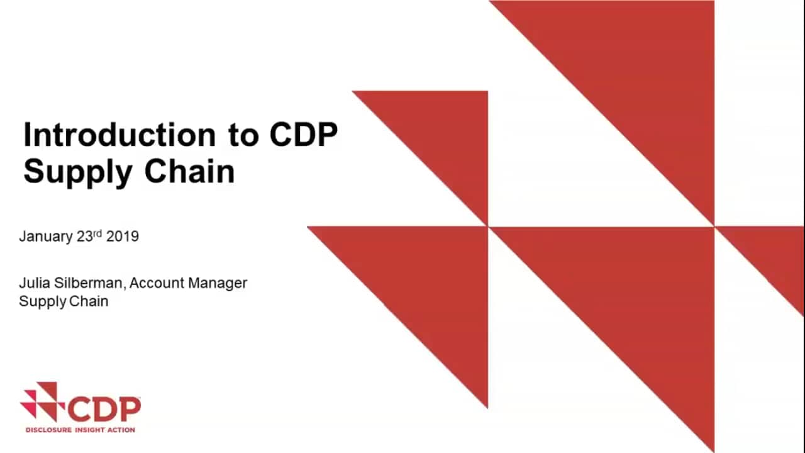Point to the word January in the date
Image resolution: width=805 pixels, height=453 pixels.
tap(46, 237)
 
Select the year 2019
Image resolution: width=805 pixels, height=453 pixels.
tap(123, 237)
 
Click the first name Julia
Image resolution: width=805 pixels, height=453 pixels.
tap(34, 283)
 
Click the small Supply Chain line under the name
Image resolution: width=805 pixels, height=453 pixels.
tap(64, 301)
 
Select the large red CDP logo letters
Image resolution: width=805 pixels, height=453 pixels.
tap(104, 409)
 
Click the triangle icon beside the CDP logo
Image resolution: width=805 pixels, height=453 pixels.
tap(40, 401)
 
